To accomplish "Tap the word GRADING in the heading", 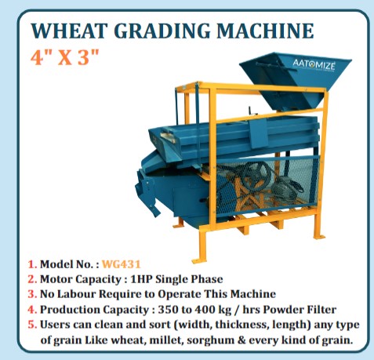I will pos(154,32).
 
